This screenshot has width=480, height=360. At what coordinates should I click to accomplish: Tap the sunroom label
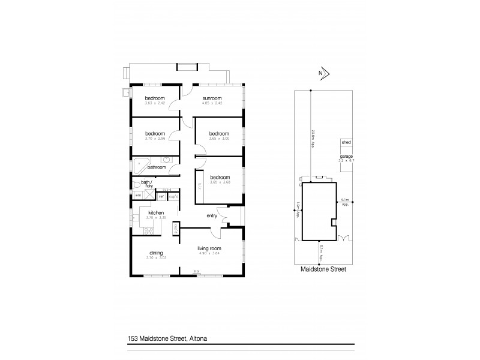click(x=212, y=98)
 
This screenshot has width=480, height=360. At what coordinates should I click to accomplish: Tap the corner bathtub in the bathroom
click(x=141, y=164)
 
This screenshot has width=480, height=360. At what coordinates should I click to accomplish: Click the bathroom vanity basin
click(x=166, y=161)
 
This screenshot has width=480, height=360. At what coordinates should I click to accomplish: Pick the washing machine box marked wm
click(x=137, y=196)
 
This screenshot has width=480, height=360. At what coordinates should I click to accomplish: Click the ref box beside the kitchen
click(x=161, y=196)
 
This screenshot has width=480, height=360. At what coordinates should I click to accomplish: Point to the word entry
click(x=212, y=215)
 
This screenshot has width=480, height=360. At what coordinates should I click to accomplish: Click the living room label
click(x=210, y=248)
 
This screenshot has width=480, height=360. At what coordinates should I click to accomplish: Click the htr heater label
click(x=196, y=272)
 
